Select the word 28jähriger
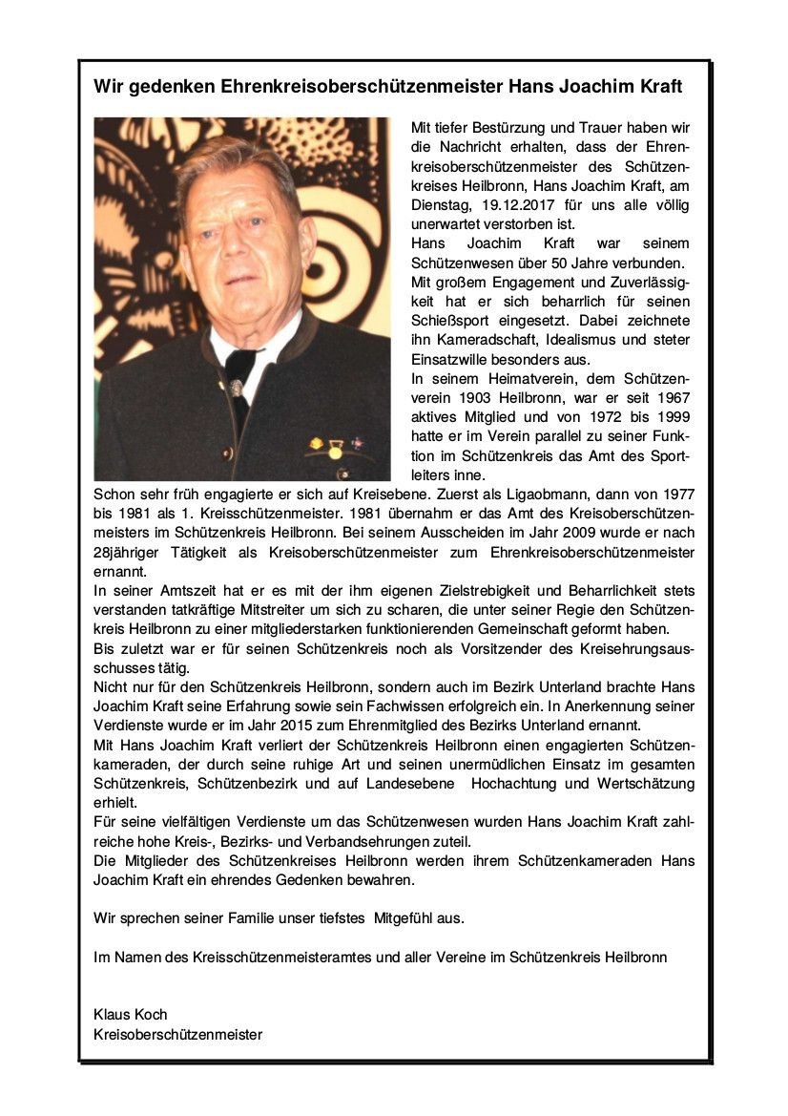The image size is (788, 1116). coord(129,554)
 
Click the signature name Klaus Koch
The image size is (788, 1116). coord(131,1014)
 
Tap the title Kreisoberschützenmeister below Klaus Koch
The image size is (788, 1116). coord(177,1033)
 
